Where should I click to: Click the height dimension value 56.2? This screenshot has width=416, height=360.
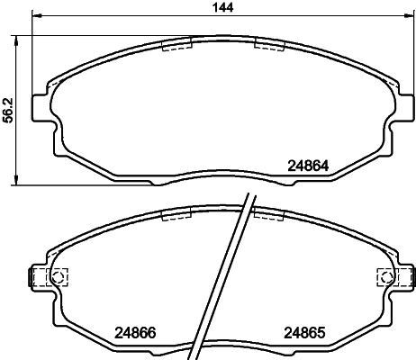8,109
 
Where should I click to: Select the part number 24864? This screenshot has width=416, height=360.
307,166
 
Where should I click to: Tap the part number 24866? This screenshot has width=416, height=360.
134,331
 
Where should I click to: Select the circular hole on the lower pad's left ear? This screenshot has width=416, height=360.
59,277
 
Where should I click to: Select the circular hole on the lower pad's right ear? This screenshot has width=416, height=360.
382,277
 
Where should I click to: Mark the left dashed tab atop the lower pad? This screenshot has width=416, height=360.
177,215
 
